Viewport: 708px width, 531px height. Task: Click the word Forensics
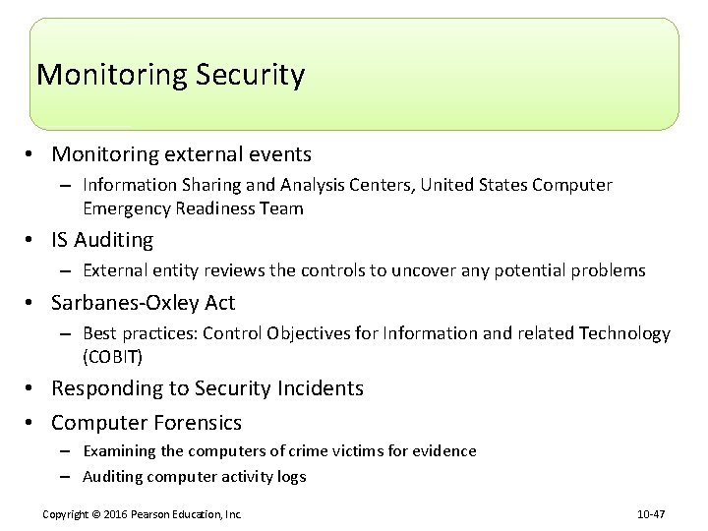[195, 423]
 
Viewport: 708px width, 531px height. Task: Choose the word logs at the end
[290, 477]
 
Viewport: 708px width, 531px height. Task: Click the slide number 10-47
[652, 514]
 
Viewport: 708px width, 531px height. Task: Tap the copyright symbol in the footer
[101, 514]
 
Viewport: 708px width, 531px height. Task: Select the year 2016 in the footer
[120, 514]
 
